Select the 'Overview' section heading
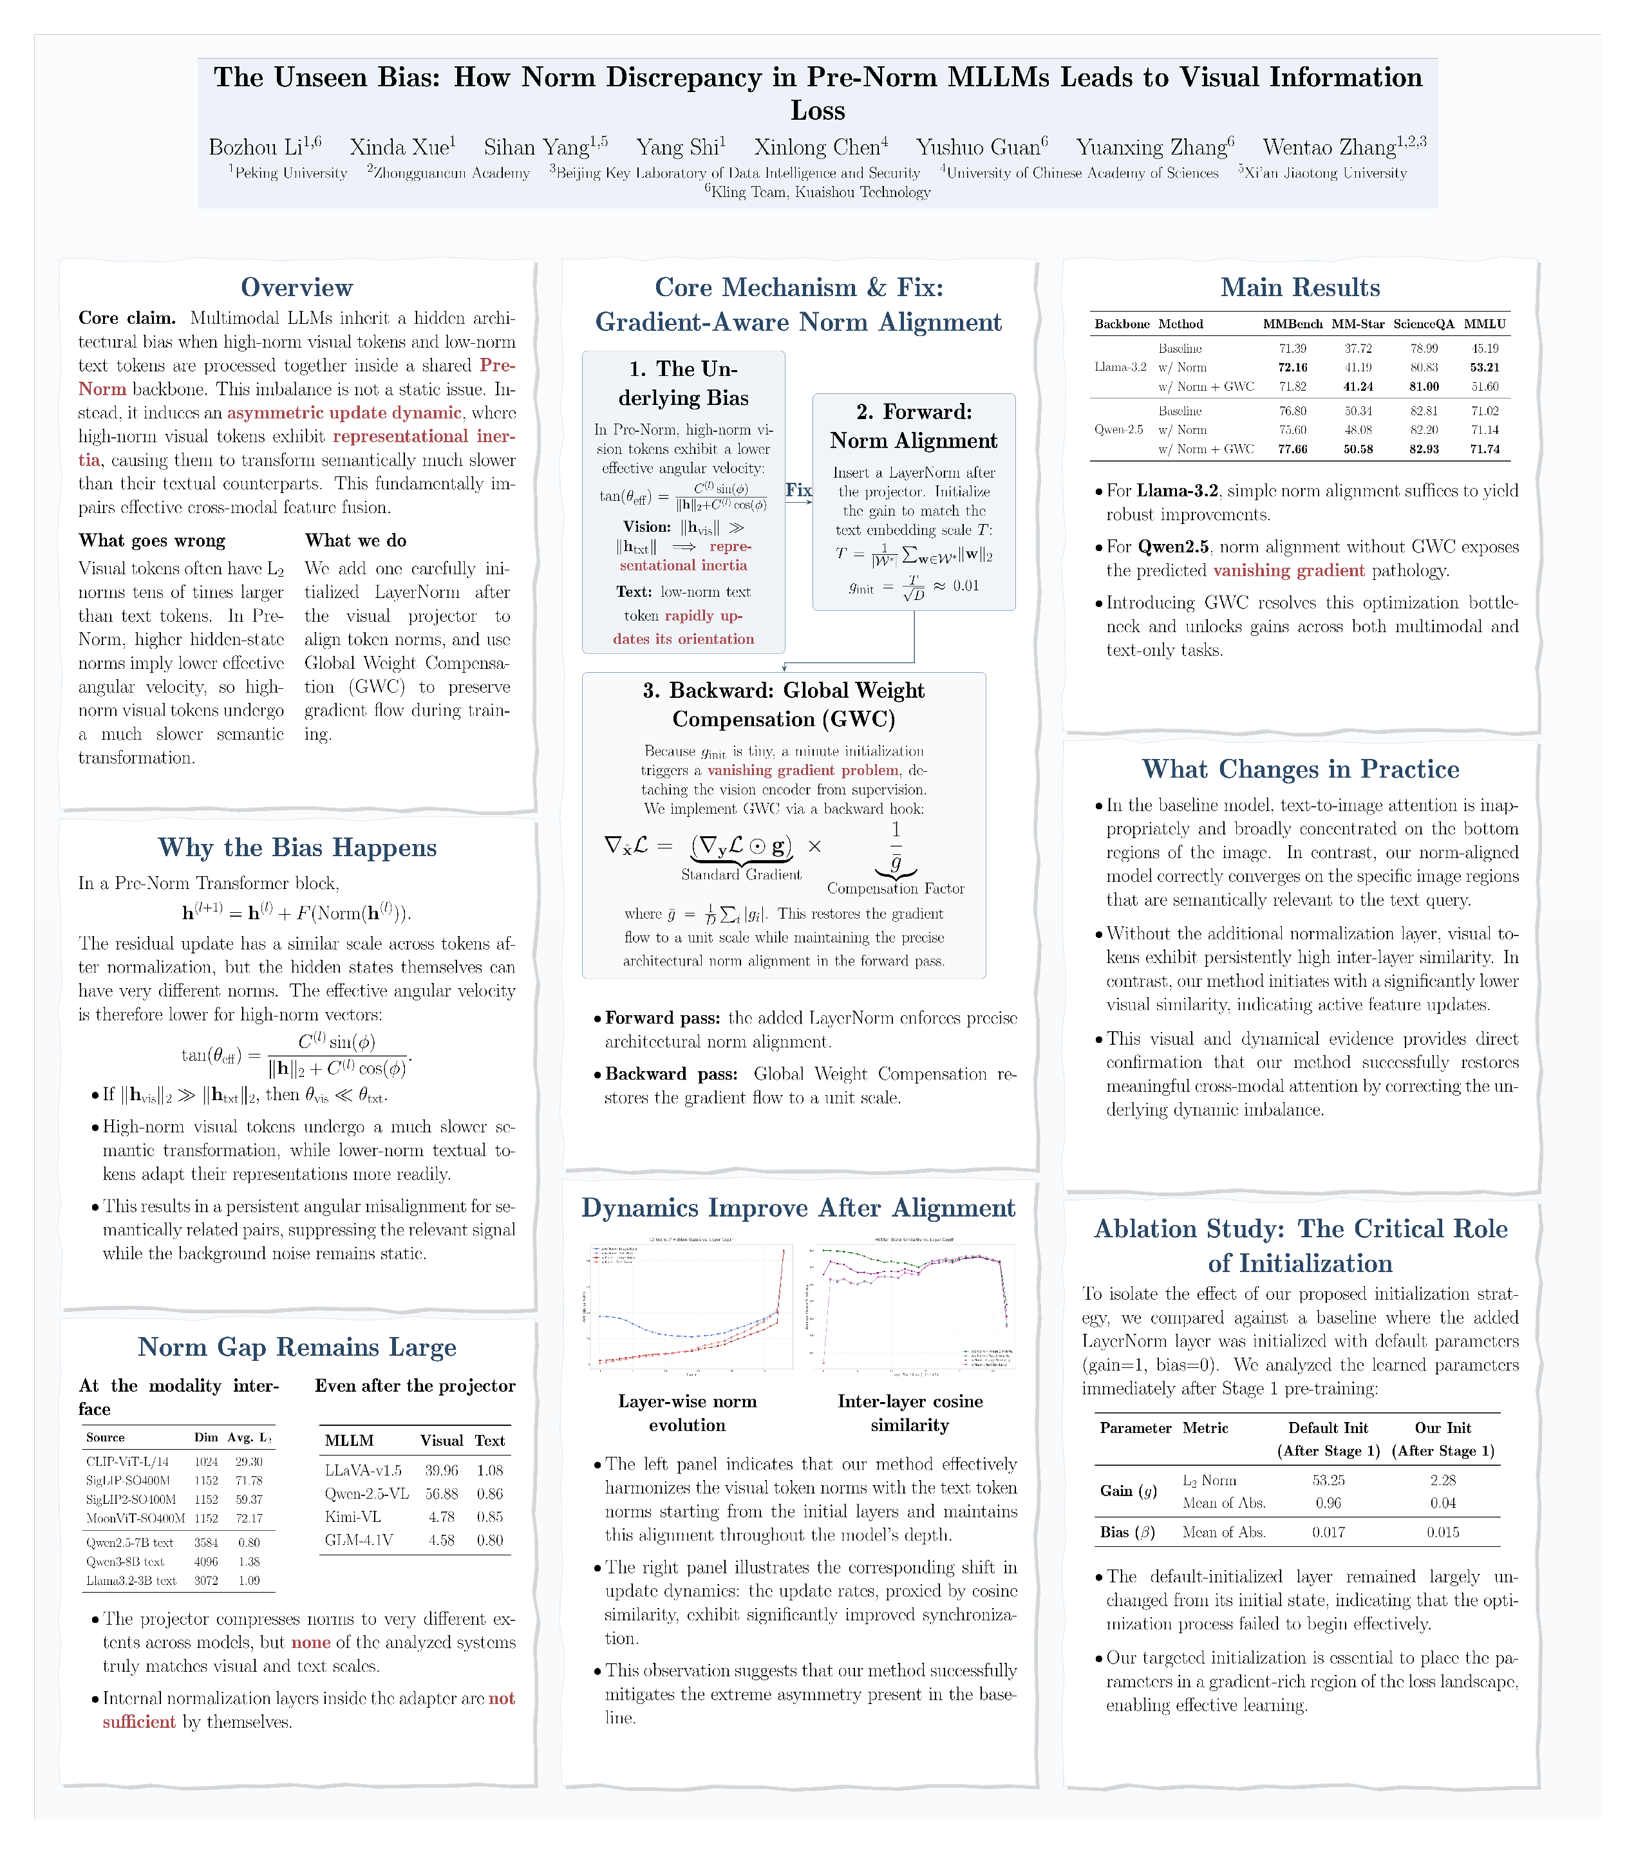point(297,288)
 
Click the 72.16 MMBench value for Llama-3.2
point(1292,368)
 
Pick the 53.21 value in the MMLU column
point(1485,368)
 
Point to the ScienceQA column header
point(1423,324)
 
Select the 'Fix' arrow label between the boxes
point(798,491)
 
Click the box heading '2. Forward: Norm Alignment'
point(913,426)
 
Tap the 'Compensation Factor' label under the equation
point(895,889)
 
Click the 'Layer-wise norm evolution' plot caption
point(687,1413)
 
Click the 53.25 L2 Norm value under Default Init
point(1328,1480)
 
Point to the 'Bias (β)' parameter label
point(1127,1532)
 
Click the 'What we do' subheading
point(355,541)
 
